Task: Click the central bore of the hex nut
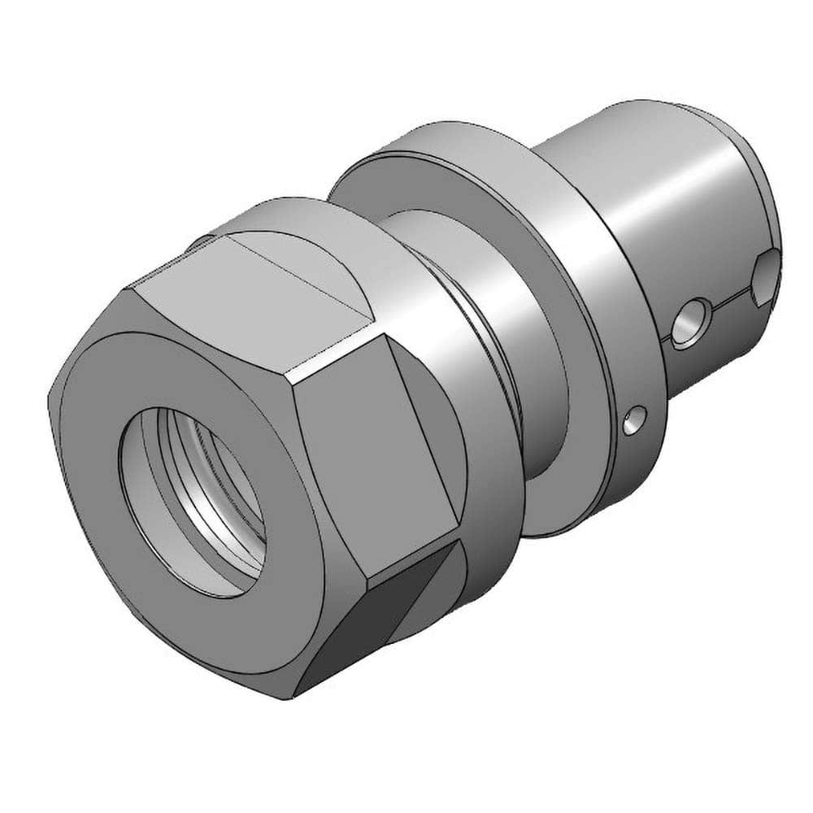191,500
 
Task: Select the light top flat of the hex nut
244,301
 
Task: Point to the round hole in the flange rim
634,419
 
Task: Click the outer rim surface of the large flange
626,325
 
